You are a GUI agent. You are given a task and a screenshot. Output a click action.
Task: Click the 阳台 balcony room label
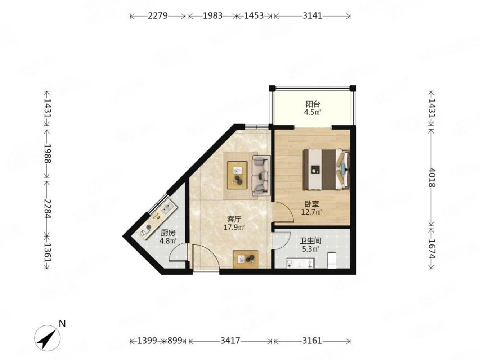click(x=313, y=104)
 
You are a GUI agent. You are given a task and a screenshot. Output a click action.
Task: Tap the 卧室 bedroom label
click(x=312, y=204)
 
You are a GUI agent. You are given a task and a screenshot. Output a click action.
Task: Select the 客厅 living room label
click(x=234, y=219)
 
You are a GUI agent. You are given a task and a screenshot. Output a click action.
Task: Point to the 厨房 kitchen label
click(x=168, y=233)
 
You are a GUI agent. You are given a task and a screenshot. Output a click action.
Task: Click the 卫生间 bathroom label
click(x=310, y=241)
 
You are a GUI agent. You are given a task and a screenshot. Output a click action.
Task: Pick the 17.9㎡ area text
click(x=234, y=227)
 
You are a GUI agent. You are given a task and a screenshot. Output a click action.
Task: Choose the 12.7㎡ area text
click(x=312, y=212)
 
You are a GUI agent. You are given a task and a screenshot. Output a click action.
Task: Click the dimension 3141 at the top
click(x=312, y=16)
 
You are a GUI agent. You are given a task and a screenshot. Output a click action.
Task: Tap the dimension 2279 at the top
click(x=158, y=16)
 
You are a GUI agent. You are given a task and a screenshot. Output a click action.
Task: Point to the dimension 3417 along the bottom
click(x=230, y=341)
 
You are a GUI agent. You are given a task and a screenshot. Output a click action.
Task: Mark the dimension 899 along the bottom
click(x=175, y=341)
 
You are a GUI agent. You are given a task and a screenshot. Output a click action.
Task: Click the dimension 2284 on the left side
click(x=47, y=208)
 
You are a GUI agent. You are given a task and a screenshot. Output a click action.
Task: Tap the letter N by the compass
click(x=62, y=324)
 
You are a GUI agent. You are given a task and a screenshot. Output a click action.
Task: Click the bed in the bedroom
click(x=326, y=169)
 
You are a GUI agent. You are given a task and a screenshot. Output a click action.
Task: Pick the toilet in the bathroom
click(x=332, y=260)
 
